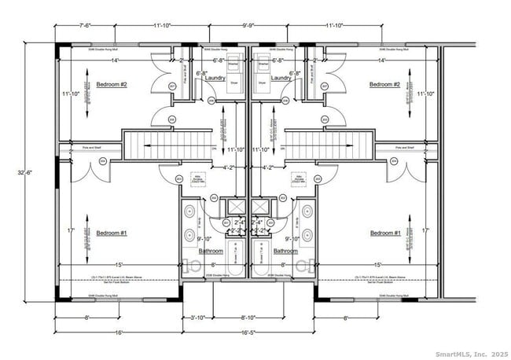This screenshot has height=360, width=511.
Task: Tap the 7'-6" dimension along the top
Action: point(68,24)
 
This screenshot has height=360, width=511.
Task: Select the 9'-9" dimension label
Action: point(248,24)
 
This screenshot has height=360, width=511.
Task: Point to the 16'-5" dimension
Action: point(248,332)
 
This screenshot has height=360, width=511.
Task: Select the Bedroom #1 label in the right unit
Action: point(386,233)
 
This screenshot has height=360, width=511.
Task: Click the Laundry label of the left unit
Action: point(215,79)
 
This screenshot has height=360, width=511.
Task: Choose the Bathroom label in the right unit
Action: point(285,251)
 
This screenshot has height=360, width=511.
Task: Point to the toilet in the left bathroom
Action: point(189,265)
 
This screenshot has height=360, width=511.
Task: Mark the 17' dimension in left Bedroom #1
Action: point(72,231)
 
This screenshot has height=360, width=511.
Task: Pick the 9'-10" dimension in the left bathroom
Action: point(204,239)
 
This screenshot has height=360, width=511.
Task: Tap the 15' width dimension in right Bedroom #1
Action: point(378,265)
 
